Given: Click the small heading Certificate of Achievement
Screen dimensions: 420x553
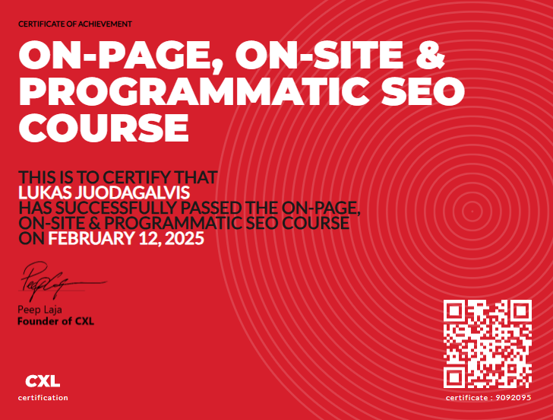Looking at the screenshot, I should point(74,24).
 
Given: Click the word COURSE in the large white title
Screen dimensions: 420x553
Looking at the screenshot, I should point(103,126).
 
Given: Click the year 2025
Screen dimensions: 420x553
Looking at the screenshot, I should point(185,239).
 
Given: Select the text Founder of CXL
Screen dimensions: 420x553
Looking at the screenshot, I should point(55,321).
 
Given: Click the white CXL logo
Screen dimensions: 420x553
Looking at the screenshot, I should point(43,381).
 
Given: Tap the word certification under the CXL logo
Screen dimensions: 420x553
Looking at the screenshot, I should point(43,398).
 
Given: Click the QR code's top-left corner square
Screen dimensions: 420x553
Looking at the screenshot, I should point(454,310).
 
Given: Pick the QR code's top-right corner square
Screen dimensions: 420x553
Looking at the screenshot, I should point(521,310).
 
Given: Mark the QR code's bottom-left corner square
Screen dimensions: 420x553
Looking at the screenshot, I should point(454,377).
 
